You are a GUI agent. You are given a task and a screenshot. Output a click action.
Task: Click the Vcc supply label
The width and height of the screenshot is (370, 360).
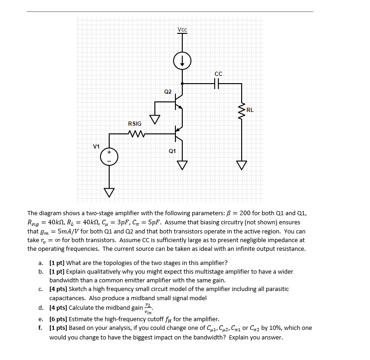point(182,30)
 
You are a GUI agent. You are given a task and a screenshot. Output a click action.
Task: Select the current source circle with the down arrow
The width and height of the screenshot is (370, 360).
point(182,61)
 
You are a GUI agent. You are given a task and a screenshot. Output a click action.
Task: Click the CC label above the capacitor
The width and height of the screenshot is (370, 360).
point(218,74)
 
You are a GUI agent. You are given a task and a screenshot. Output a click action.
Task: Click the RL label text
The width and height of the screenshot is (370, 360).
point(250,110)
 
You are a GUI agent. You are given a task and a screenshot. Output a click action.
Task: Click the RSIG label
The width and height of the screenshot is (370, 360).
point(135,123)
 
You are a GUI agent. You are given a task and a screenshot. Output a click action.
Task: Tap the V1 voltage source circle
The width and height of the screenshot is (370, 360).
point(109,157)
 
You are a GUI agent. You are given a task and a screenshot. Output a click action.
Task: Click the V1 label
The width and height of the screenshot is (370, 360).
point(96,146)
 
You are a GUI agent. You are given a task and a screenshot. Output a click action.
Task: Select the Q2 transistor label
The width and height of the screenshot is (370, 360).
point(168,92)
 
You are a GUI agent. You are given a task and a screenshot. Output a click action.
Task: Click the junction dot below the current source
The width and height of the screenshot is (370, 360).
point(182,84)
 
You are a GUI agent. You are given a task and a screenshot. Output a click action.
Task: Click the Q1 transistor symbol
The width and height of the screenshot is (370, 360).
point(180,134)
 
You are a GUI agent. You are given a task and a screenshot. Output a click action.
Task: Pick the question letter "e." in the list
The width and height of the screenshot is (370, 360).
point(41,319)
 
